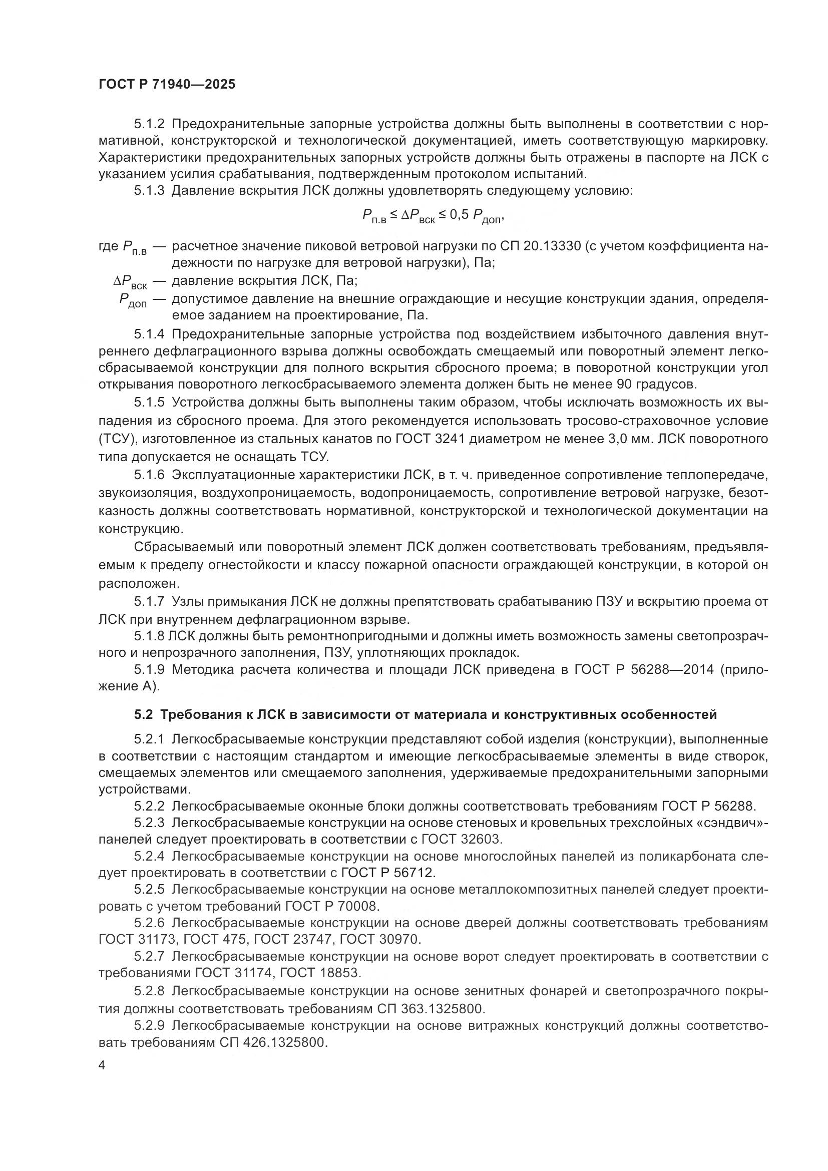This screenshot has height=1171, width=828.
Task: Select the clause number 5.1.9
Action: pyautogui.click(x=149, y=670)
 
